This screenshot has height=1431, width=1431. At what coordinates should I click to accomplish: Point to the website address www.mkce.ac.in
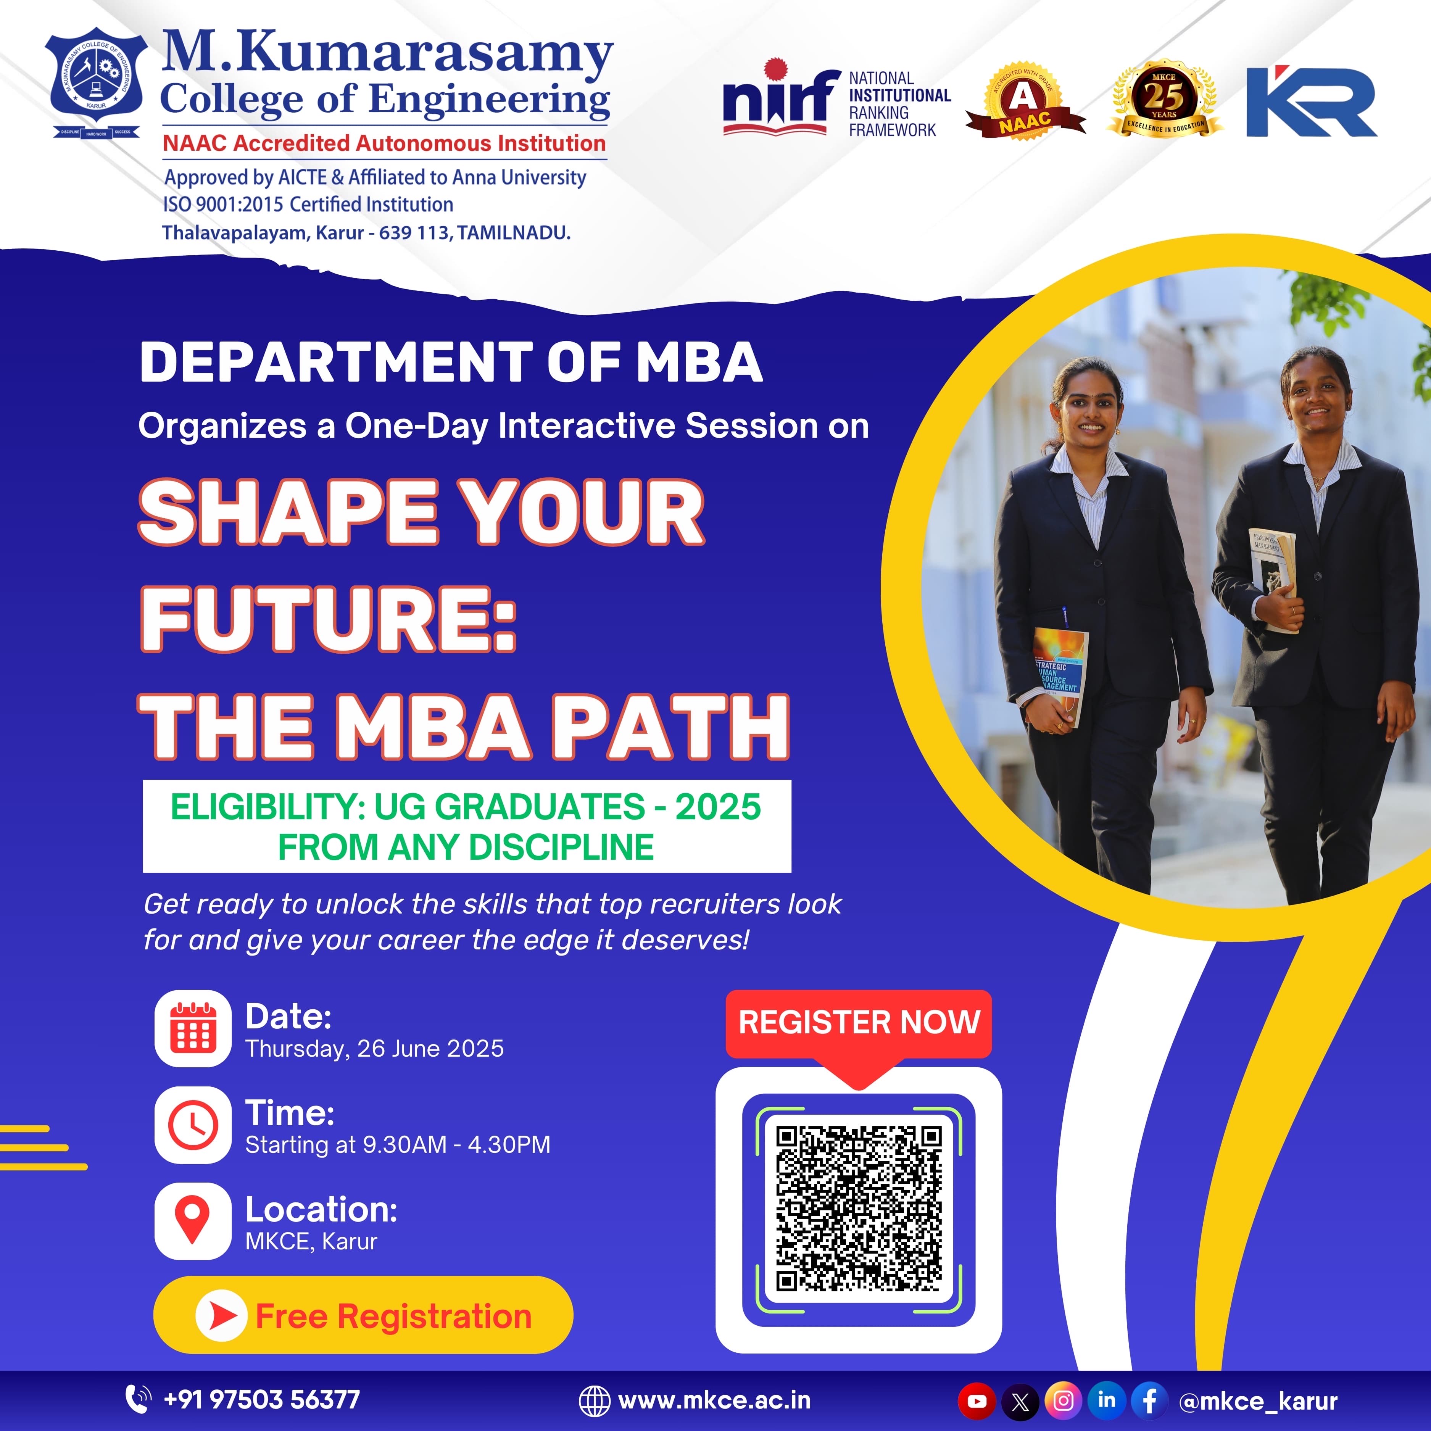tap(713, 1400)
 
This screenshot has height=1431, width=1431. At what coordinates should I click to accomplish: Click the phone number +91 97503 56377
tap(261, 1400)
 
